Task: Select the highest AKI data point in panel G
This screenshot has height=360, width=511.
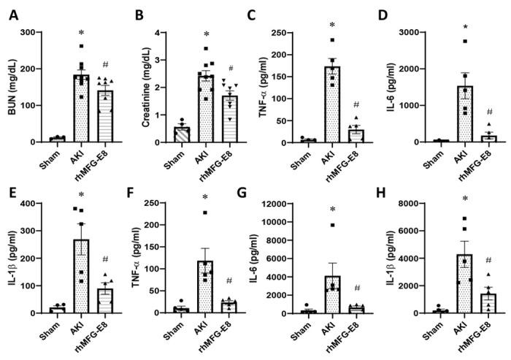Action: point(332,225)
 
